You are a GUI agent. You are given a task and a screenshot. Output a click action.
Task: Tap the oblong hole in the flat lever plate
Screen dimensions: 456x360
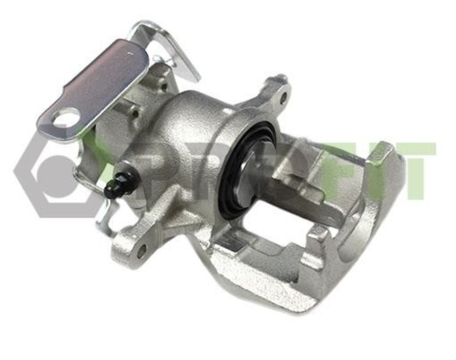[66, 118]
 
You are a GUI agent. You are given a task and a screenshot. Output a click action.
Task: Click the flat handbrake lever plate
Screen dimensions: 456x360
[94, 89]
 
